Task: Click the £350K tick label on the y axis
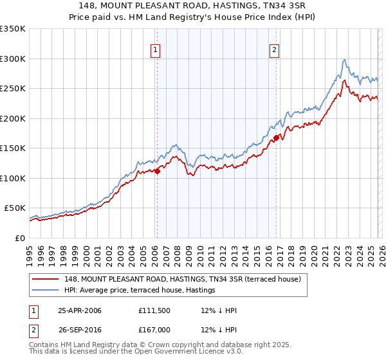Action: point(13,29)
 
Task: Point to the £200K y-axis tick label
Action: point(13,118)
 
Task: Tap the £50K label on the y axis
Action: point(15,208)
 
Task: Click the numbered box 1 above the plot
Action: point(156,50)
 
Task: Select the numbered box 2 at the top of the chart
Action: point(274,50)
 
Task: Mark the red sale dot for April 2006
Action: point(157,171)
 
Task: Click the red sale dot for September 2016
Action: point(275,138)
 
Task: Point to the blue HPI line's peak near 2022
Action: point(345,60)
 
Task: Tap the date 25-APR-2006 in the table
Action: point(80,310)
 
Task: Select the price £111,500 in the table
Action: point(155,310)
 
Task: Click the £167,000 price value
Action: point(155,330)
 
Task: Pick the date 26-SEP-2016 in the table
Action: point(80,330)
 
